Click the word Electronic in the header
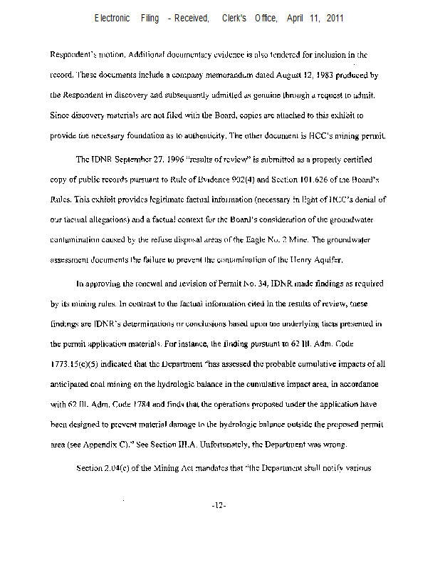coord(112,18)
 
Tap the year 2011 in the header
coord(335,18)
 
